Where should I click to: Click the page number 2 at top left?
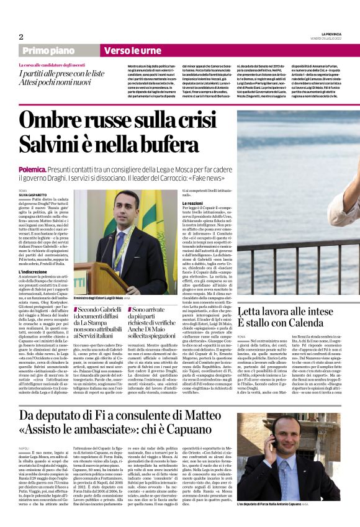pyautogui.click(x=21, y=37)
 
